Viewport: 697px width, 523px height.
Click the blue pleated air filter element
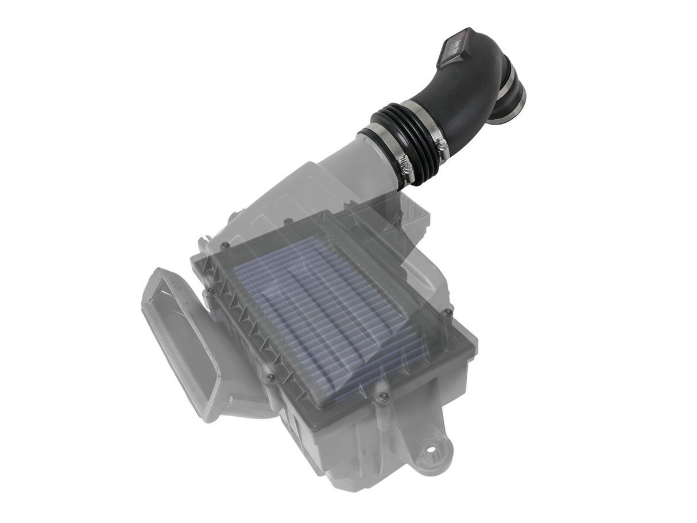[x=330, y=310]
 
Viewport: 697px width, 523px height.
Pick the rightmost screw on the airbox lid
[x=448, y=312]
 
